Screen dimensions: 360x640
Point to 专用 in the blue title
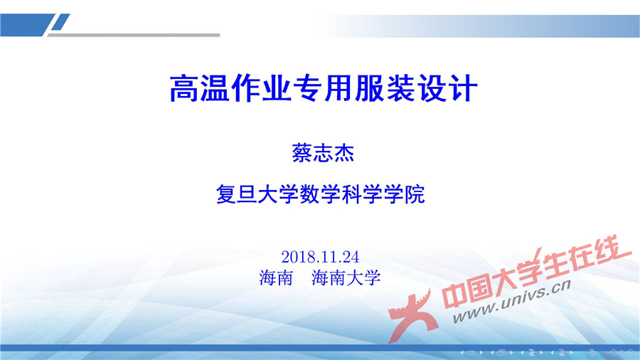[321, 89]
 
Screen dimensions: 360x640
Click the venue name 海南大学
[346, 277]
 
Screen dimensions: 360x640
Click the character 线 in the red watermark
[611, 249]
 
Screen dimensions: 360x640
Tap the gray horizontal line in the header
[142, 34]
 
